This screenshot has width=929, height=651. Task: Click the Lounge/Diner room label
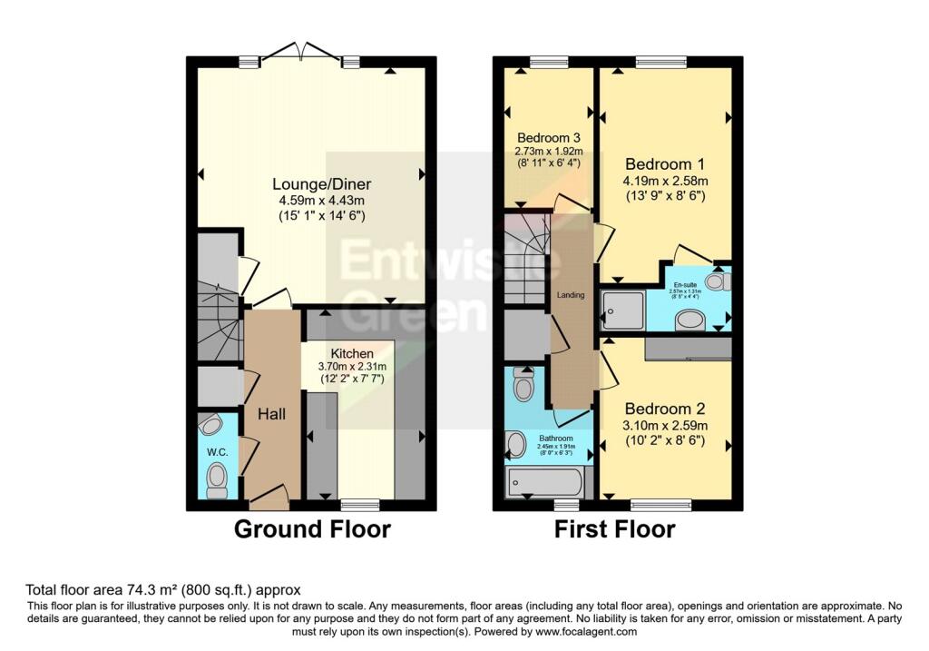point(311,184)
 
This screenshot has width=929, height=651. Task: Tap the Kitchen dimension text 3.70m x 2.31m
point(351,366)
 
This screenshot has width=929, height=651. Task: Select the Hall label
point(271,414)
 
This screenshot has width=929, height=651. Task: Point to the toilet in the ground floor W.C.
point(217,478)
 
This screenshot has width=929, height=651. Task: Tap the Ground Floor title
point(312,529)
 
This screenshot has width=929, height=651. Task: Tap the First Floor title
point(614,529)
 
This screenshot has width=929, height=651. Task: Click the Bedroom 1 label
point(664,164)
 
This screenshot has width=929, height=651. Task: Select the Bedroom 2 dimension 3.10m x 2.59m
point(664,425)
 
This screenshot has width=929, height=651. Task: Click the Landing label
point(572,295)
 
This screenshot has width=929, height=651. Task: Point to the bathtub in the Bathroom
point(544,481)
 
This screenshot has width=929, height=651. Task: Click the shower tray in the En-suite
point(622,310)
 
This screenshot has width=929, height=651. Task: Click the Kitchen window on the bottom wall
point(359,502)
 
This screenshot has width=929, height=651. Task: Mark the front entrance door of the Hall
point(269,495)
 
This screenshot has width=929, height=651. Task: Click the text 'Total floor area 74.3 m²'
point(115,589)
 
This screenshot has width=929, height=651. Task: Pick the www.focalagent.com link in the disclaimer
point(592,632)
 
